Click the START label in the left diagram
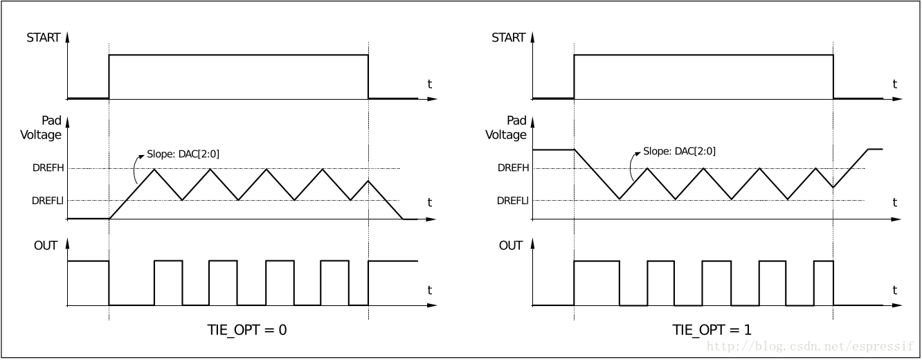[43, 37]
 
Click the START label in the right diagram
[508, 37]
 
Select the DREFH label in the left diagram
[48, 168]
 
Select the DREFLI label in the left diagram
[48, 201]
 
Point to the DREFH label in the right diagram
[513, 168]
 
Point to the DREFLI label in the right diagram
[513, 201]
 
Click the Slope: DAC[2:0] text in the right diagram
[679, 151]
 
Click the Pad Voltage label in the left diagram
[42, 128]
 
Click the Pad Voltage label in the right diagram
[507, 128]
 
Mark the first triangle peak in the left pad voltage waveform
[154, 169]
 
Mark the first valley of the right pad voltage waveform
[620, 199]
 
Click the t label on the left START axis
[429, 84]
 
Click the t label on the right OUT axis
[894, 290]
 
